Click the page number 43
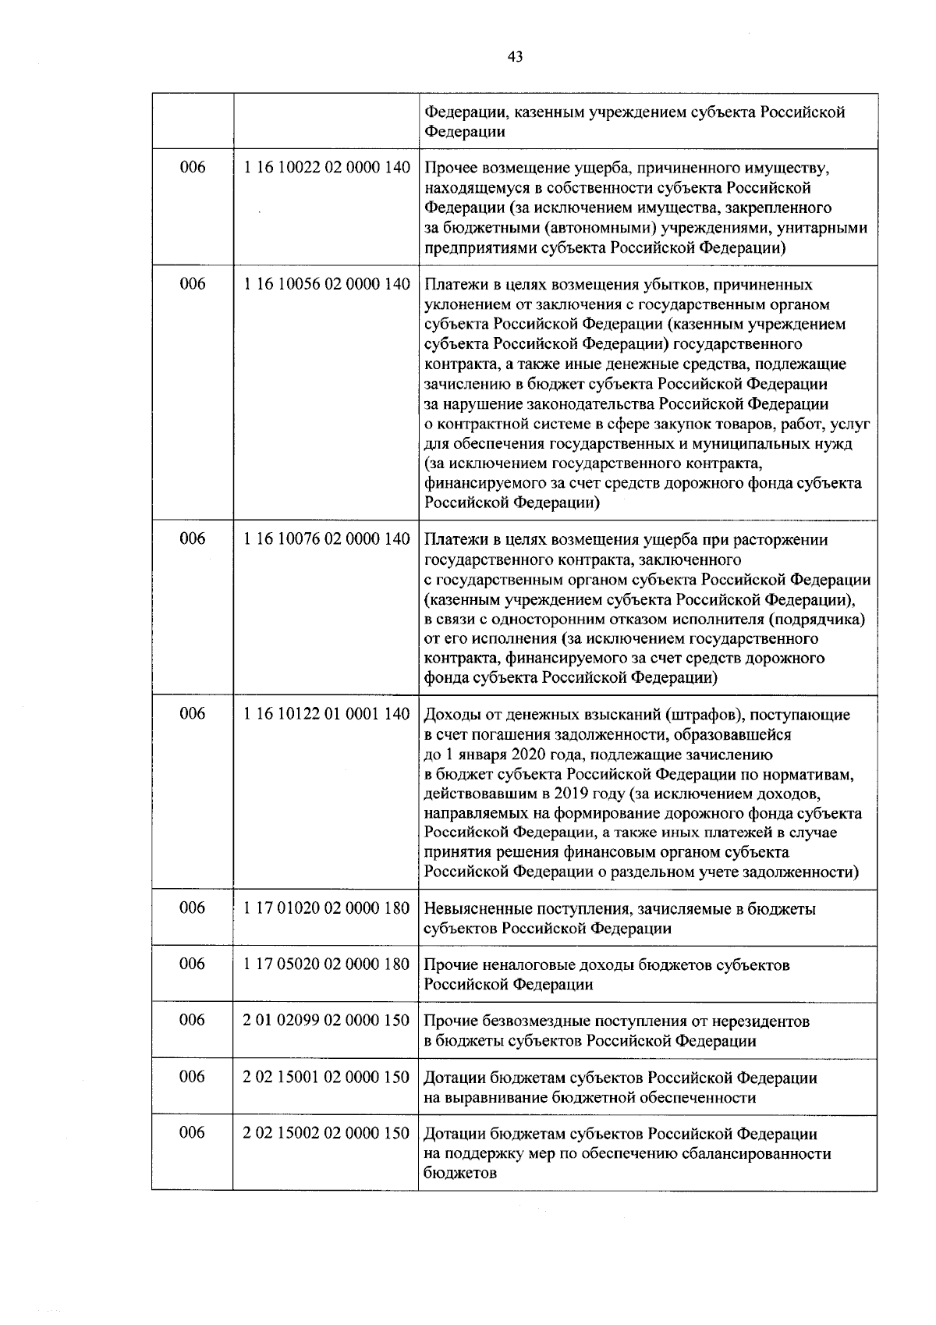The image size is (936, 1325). pos(515,56)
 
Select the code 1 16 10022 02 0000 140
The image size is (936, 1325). pos(326,168)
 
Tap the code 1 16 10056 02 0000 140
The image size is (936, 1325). pos(326,285)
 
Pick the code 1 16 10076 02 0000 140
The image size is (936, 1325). pos(326,539)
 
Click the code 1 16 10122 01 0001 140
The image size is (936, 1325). pos(326,714)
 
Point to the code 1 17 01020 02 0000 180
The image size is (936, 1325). pos(326,908)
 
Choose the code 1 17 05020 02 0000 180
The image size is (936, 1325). pos(326,964)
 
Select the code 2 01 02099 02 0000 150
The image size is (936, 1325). pos(326,1021)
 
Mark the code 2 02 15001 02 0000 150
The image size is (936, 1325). pos(326,1078)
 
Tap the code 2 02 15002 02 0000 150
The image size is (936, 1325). pos(326,1133)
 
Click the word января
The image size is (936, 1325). pos(481,755)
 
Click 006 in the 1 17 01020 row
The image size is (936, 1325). pos(193,908)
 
